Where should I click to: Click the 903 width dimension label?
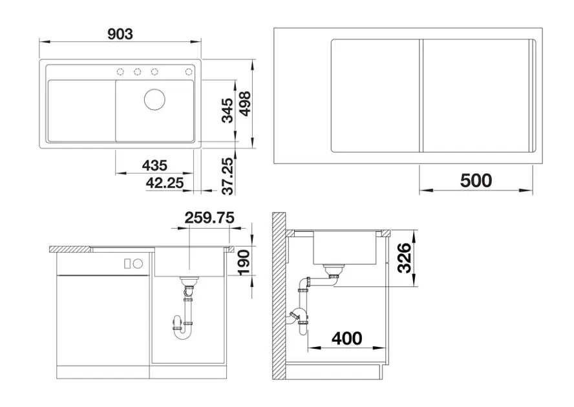(120, 34)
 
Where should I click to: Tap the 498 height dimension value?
(244, 103)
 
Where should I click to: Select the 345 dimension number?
(227, 110)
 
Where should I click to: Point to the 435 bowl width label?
(154, 165)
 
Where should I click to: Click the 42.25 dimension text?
(164, 183)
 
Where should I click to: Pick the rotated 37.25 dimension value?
(228, 176)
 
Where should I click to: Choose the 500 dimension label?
(476, 180)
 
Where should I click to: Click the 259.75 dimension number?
(209, 218)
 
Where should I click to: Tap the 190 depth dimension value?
(244, 262)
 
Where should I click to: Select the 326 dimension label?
(405, 258)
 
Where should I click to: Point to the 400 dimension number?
(346, 339)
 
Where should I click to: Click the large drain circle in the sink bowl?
(154, 99)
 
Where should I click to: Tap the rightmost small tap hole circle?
(189, 72)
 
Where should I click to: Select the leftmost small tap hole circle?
(120, 72)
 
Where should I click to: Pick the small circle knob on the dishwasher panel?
(138, 263)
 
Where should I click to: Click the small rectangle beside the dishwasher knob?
(127, 263)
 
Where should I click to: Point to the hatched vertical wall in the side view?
(279, 296)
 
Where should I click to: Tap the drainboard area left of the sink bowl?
(81, 110)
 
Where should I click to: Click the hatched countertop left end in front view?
(70, 249)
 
